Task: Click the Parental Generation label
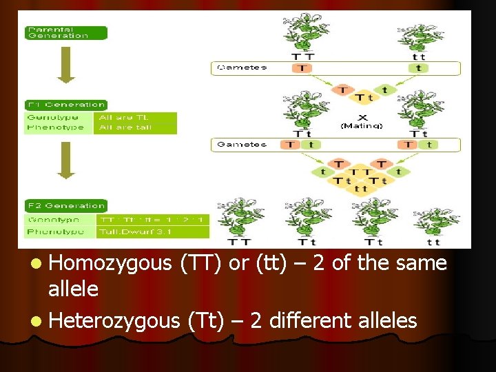pos(66,32)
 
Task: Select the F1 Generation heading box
pos(66,105)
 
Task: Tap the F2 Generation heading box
pos(66,205)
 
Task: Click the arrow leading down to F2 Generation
pos(66,160)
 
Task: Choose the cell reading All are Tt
pos(135,118)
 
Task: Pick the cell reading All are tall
pos(135,127)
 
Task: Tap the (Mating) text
pos(361,125)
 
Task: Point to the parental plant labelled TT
pos(303,33)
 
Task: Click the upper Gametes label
pos(242,68)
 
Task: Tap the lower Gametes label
pos(242,144)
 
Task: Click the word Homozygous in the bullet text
pos(110,263)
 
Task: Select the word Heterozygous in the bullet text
pos(114,320)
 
